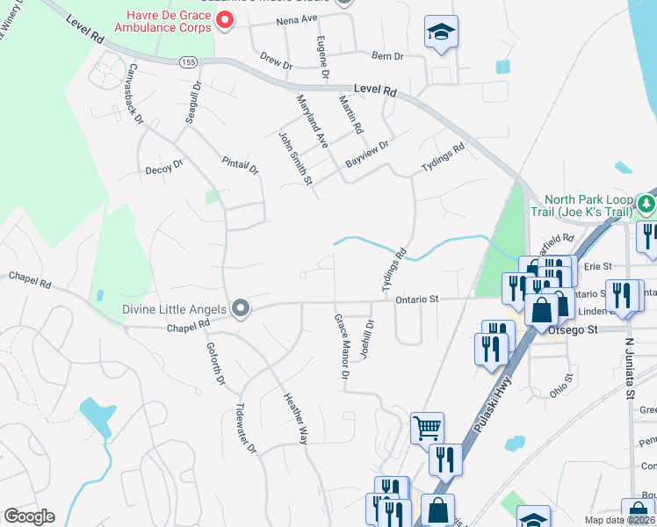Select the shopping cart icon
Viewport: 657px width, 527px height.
click(x=427, y=428)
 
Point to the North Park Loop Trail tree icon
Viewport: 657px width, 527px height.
click(x=646, y=205)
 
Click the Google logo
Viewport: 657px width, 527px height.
click(x=29, y=516)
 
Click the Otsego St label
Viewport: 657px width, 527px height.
click(x=573, y=329)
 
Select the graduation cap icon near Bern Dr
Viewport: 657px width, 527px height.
click(x=439, y=32)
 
